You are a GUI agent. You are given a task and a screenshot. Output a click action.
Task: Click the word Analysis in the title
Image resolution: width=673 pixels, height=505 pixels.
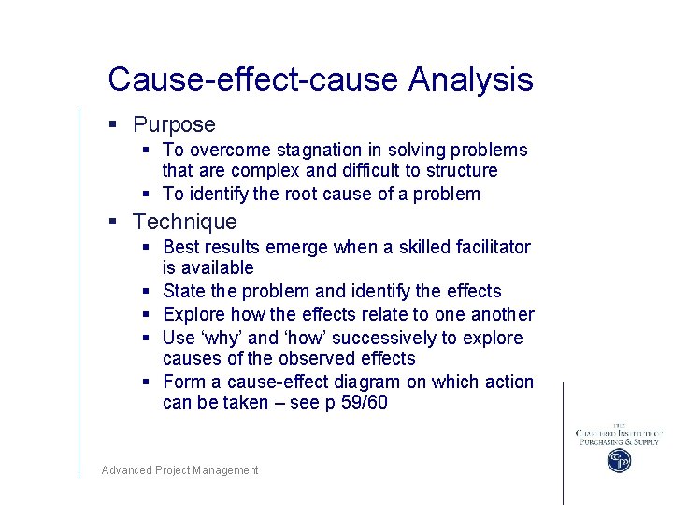coord(470,79)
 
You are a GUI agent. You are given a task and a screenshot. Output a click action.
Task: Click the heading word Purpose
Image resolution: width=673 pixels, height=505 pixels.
coord(174,124)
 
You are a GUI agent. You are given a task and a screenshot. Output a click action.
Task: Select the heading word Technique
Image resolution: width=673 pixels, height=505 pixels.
coord(185,222)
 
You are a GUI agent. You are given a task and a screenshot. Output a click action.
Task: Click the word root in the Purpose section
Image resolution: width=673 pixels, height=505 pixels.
coord(297,194)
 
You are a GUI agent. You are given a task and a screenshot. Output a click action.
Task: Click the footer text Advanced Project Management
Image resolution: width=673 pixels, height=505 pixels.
coord(179,470)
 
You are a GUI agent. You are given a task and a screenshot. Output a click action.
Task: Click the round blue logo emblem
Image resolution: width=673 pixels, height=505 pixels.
coord(618,460)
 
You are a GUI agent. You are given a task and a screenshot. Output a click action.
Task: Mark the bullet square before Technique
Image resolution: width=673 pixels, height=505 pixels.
coord(112,223)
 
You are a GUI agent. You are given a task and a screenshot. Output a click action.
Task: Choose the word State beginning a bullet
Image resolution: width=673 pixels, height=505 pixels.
coord(184,291)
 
